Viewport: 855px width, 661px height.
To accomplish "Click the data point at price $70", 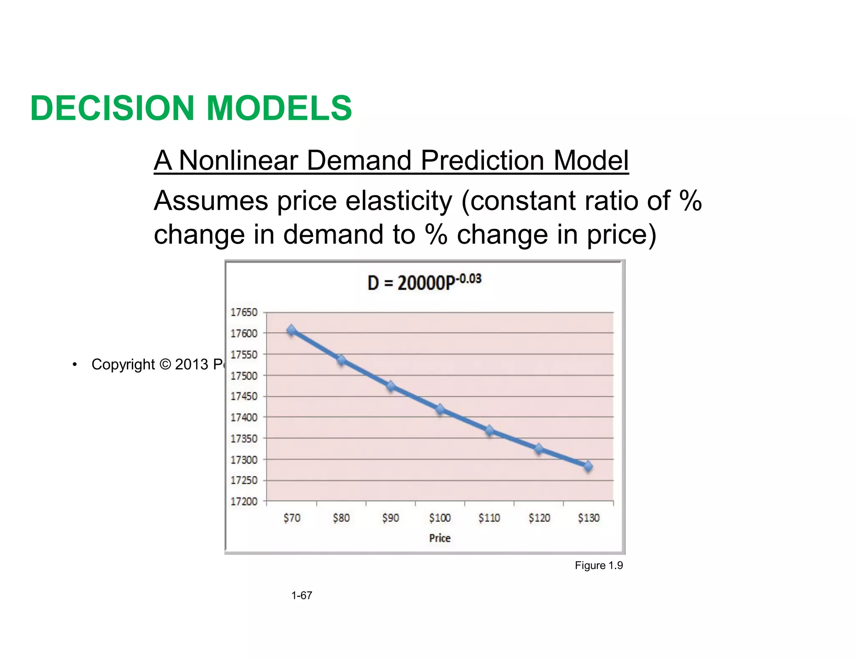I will coord(291,330).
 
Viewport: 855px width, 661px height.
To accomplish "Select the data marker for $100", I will coord(440,409).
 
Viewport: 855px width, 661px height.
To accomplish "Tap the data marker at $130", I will coord(588,466).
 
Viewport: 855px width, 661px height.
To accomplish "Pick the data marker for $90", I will coord(391,386).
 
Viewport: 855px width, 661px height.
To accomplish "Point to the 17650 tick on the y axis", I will coord(244,313).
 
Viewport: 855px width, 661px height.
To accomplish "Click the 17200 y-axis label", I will coord(244,501).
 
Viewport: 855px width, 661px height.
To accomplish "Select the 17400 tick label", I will coord(244,417).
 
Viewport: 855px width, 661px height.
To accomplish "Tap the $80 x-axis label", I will coord(341,518).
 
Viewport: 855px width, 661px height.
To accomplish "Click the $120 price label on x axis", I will coord(539,518).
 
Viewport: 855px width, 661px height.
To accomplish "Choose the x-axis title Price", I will coord(440,538).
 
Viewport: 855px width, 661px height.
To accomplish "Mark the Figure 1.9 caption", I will coord(598,565).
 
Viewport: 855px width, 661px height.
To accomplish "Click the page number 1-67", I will coord(301,595).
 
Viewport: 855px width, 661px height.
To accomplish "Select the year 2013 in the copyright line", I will coord(192,364).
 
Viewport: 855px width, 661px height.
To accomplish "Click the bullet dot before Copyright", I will coord(74,364).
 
